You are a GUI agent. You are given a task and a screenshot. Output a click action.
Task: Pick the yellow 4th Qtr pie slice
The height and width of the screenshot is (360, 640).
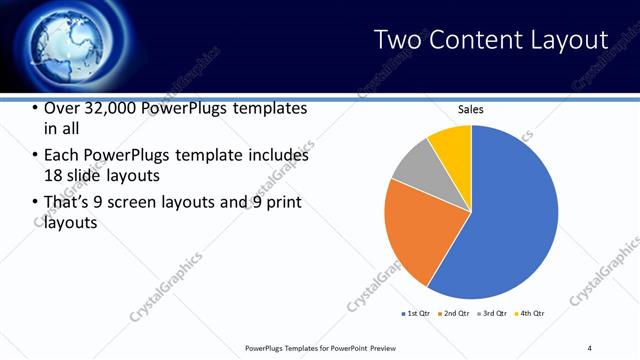coord(452,142)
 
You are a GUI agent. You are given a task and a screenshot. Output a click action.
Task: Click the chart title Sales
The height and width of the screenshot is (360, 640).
coord(471,109)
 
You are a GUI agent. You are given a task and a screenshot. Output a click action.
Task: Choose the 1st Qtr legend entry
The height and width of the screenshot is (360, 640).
coord(416,314)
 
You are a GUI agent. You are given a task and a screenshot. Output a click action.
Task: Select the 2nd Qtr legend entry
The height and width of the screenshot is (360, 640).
coord(455,314)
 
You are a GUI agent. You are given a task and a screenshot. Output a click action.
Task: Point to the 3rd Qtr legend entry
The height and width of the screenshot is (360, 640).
coord(493,314)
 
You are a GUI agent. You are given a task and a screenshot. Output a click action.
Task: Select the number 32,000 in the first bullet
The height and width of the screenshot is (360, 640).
coord(114,108)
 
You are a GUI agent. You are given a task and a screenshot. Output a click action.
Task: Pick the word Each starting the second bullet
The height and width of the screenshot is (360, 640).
coord(63,156)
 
